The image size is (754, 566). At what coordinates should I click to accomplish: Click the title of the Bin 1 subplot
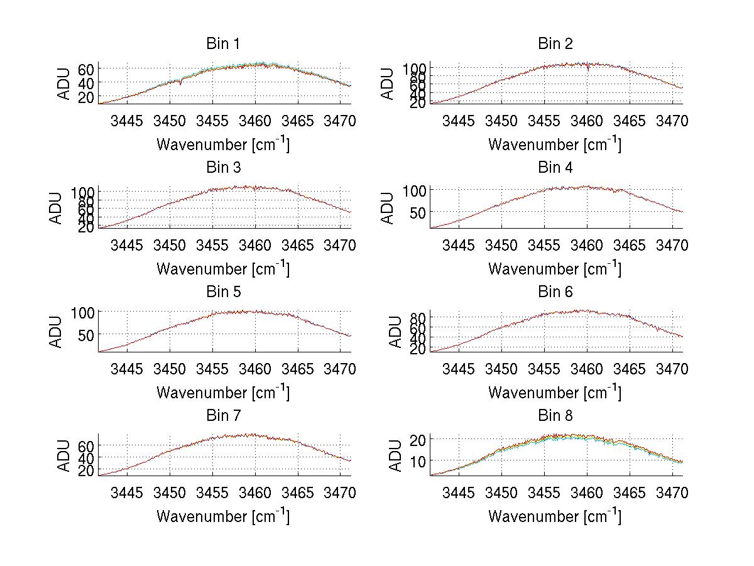[x=222, y=44]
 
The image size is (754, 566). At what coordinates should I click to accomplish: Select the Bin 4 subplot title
[x=555, y=168]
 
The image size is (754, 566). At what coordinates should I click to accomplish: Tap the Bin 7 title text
[x=222, y=416]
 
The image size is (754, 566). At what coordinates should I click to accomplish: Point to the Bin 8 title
[x=555, y=416]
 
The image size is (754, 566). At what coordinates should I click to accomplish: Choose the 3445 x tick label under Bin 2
[x=459, y=121]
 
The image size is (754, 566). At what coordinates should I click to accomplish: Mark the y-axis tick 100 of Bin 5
[x=83, y=312]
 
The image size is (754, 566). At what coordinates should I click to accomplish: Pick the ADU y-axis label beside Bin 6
[x=395, y=332]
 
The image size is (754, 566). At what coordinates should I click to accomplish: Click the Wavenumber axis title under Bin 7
[x=222, y=516]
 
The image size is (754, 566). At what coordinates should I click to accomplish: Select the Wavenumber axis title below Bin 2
[x=555, y=144]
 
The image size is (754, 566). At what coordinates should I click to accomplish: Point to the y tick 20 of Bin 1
[x=86, y=97]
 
